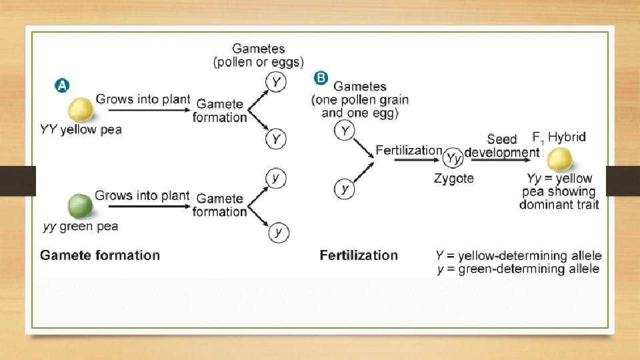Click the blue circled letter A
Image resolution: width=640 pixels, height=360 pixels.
click(61, 85)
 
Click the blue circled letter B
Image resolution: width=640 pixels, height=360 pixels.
click(321, 78)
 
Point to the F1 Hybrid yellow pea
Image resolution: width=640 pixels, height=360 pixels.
click(559, 159)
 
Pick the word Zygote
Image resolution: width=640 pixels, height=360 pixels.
click(453, 178)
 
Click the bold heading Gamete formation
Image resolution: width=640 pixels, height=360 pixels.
click(100, 255)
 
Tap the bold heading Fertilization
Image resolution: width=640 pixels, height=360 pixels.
click(359, 255)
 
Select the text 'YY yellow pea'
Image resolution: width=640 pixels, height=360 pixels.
click(81, 130)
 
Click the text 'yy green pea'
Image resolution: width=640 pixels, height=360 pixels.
click(81, 227)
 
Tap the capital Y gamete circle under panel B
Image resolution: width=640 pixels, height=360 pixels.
click(345, 131)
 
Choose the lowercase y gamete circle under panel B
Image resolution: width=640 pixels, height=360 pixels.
click(345, 189)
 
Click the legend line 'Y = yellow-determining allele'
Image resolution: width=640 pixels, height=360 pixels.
click(518, 255)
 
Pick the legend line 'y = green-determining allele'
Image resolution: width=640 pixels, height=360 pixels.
click(517, 269)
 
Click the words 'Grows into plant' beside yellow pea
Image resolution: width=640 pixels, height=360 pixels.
click(143, 99)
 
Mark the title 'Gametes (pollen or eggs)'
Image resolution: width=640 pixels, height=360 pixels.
click(258, 55)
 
